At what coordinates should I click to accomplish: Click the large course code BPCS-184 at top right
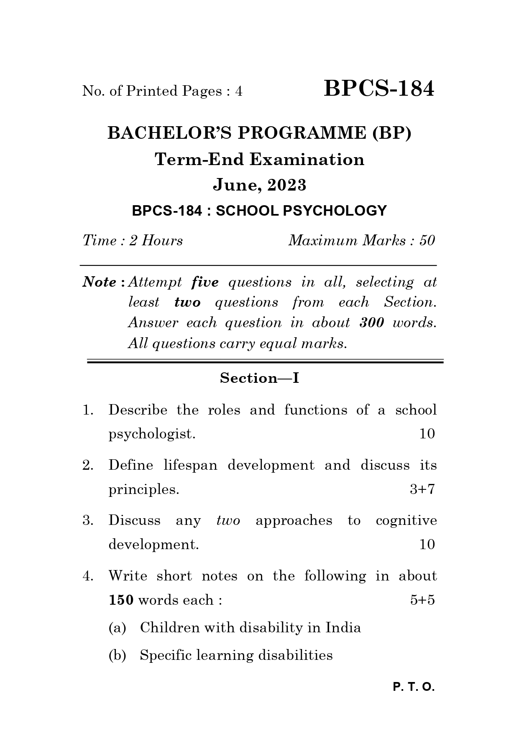(379, 89)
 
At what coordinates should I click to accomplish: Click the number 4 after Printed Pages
(239, 91)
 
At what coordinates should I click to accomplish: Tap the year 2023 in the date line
(287, 185)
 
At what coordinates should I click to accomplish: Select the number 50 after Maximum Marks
(427, 241)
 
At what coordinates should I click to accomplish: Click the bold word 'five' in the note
(205, 283)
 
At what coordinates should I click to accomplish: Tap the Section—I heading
(259, 378)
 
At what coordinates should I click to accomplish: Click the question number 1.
(87, 410)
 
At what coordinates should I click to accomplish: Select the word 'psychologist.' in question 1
(152, 434)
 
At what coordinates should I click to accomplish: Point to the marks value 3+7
(422, 489)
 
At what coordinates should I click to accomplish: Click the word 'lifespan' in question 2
(190, 466)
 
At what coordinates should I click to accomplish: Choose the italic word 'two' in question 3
(228, 521)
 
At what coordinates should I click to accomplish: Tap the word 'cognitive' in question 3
(406, 521)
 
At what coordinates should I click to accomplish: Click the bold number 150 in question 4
(121, 600)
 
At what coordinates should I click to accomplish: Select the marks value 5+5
(422, 600)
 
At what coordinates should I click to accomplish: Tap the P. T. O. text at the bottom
(414, 687)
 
